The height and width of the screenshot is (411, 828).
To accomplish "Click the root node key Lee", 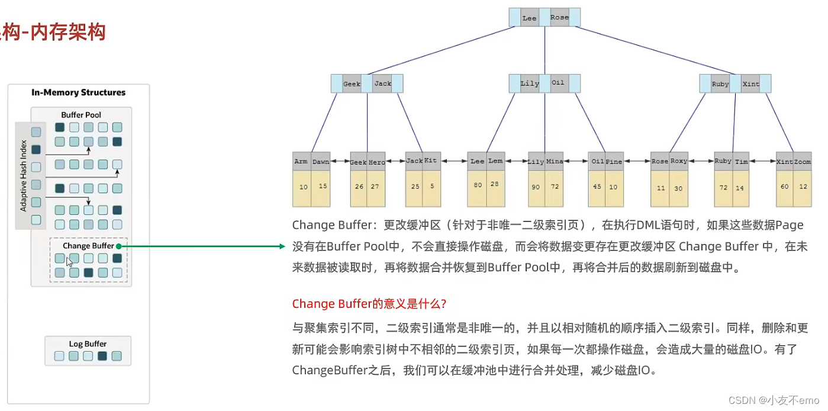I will tap(529, 18).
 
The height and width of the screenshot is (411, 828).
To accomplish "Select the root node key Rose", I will tap(559, 17).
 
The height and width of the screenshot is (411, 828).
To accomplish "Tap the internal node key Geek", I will tap(352, 84).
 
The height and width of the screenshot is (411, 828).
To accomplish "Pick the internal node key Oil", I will tap(558, 83).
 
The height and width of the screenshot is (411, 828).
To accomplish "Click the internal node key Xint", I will tap(750, 84).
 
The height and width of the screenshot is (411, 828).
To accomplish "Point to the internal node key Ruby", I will tap(720, 84).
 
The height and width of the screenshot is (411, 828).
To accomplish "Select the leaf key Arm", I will tap(301, 162).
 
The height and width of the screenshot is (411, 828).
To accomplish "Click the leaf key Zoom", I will tap(802, 162).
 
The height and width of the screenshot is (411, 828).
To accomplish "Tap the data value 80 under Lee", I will tap(478, 185).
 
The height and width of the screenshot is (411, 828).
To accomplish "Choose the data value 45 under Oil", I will tap(597, 187).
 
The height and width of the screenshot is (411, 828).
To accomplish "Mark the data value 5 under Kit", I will tap(432, 186).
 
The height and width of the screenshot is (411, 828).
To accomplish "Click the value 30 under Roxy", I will tap(678, 188).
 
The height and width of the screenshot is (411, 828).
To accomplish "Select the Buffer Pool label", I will tap(81, 115).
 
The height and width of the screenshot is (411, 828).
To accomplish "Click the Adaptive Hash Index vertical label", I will tap(24, 175).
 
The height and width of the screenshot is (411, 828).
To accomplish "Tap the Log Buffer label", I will tap(88, 343).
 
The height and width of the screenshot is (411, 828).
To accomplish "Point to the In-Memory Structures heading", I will tap(78, 92).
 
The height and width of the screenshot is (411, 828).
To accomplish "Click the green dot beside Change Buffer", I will tap(119, 246).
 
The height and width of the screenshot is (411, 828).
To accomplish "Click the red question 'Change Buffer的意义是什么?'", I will tap(369, 304).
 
